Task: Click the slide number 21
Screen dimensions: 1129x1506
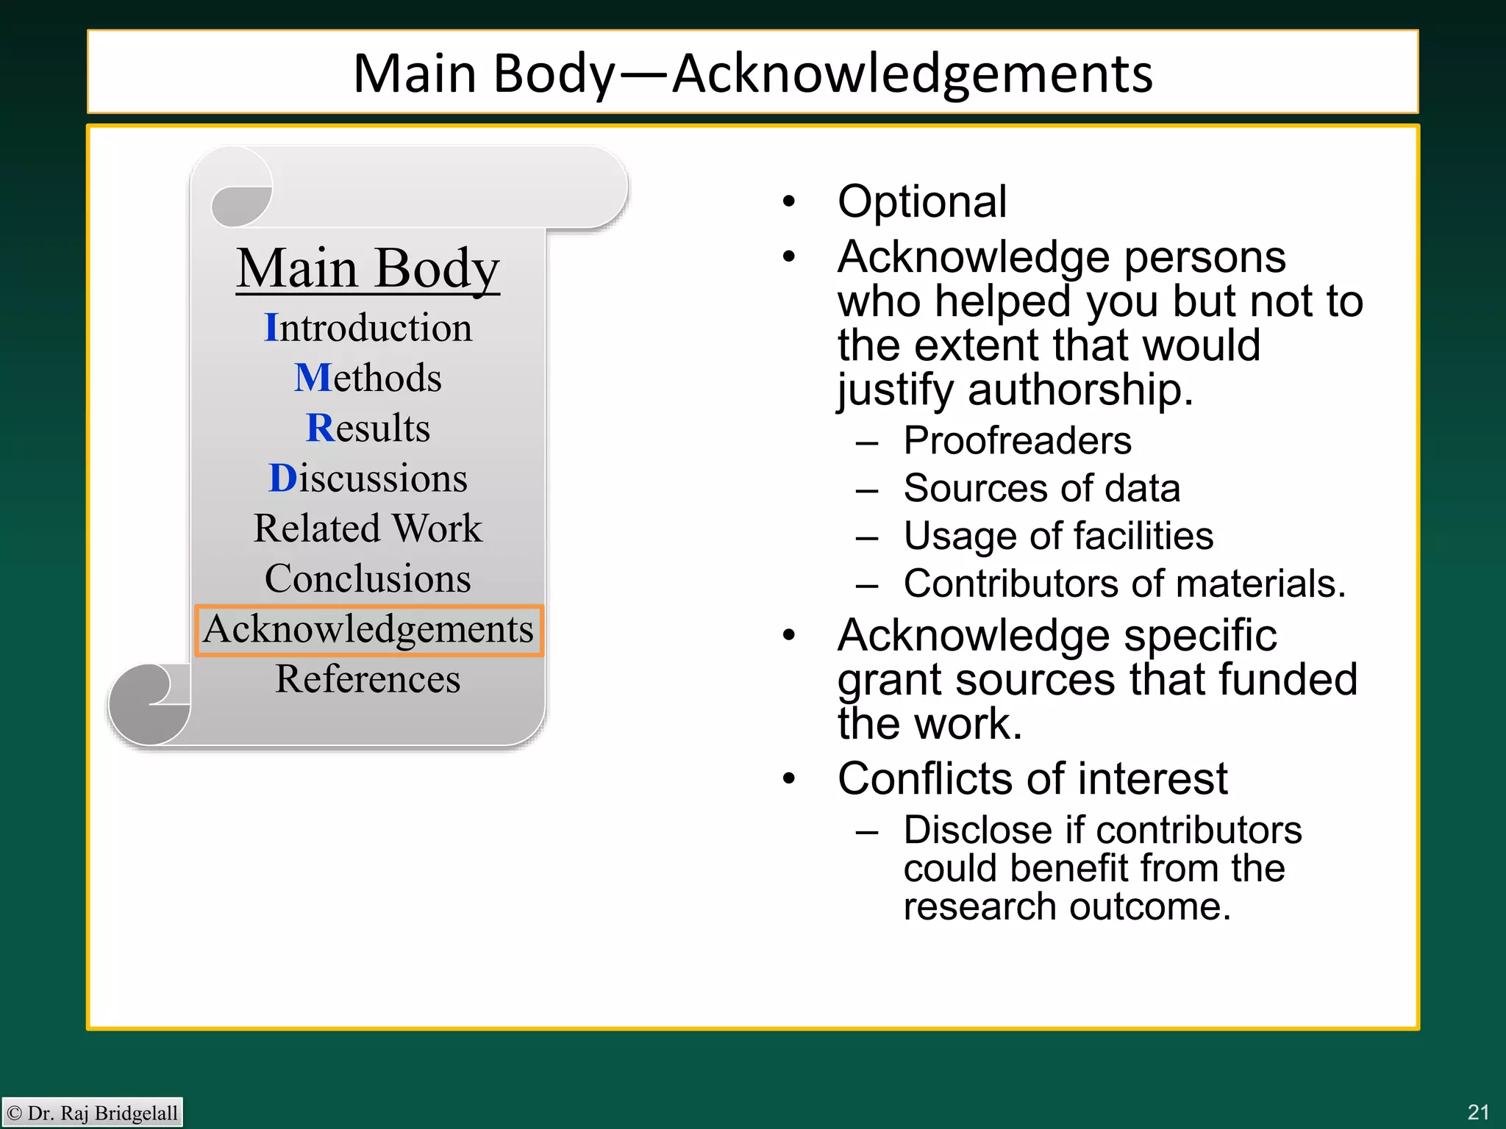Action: point(1477,1112)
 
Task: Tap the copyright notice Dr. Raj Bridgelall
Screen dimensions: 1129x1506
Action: point(93,1113)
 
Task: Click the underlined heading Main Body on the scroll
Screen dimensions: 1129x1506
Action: point(368,269)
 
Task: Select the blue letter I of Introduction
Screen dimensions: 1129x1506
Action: point(271,327)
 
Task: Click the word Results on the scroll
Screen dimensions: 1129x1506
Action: point(368,428)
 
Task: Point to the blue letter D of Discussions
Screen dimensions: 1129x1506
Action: point(282,479)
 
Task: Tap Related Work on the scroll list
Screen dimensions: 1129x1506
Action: point(368,528)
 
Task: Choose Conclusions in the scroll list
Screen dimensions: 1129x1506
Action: point(368,578)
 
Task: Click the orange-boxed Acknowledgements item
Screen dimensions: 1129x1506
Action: point(368,630)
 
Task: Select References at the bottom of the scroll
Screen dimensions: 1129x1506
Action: point(368,679)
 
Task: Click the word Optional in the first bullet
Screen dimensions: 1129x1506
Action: point(921,201)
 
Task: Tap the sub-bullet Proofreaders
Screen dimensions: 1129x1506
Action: point(1017,441)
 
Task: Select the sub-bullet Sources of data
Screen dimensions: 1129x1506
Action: point(1041,489)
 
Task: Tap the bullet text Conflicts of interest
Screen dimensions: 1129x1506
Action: point(1032,778)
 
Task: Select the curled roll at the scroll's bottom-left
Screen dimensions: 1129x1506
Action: point(149,704)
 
